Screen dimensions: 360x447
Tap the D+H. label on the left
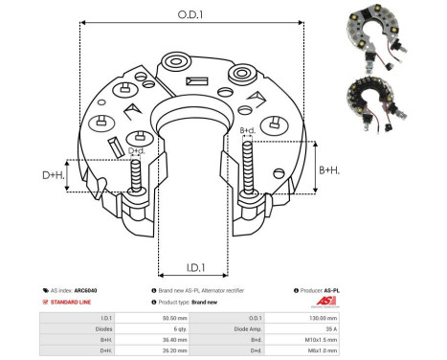[x=54, y=175]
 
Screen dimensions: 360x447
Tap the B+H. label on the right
[x=328, y=169]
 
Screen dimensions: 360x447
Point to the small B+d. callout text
[x=247, y=129]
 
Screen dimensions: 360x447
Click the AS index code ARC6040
[x=85, y=289]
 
